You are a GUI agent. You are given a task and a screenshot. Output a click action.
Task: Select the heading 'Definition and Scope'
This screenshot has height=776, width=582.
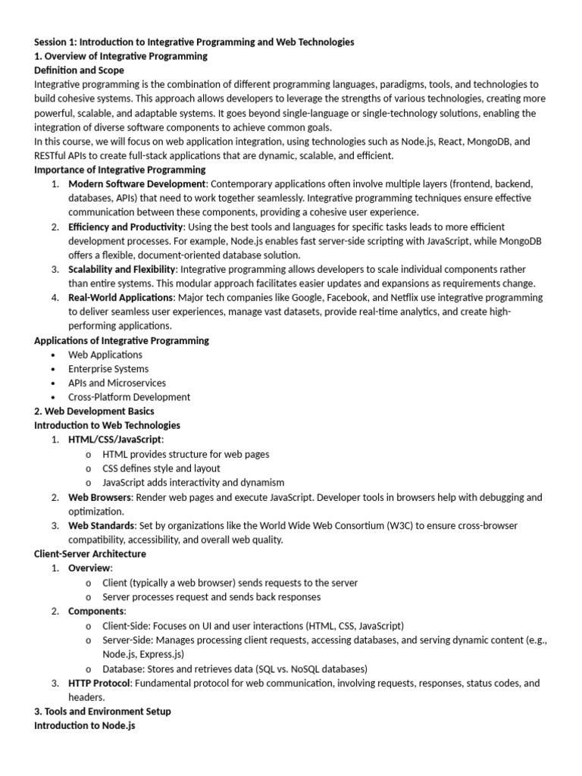pyautogui.click(x=80, y=70)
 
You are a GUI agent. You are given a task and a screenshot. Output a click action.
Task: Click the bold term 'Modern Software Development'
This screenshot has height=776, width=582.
pyautogui.click(x=136, y=184)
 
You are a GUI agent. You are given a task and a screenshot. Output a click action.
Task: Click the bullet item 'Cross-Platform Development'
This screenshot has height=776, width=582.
pyautogui.click(x=129, y=397)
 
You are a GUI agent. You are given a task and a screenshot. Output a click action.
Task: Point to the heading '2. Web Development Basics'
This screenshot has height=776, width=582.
pyautogui.click(x=94, y=411)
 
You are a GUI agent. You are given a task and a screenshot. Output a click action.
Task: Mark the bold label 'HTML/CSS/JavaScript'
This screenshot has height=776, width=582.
pyautogui.click(x=115, y=440)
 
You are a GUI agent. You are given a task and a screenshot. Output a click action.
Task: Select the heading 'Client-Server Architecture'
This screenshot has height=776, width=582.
pyautogui.click(x=90, y=554)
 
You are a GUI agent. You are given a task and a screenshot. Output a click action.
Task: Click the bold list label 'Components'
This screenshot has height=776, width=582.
pyautogui.click(x=96, y=611)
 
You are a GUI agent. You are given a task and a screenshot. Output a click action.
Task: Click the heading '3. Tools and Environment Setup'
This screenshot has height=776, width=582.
pyautogui.click(x=102, y=712)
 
